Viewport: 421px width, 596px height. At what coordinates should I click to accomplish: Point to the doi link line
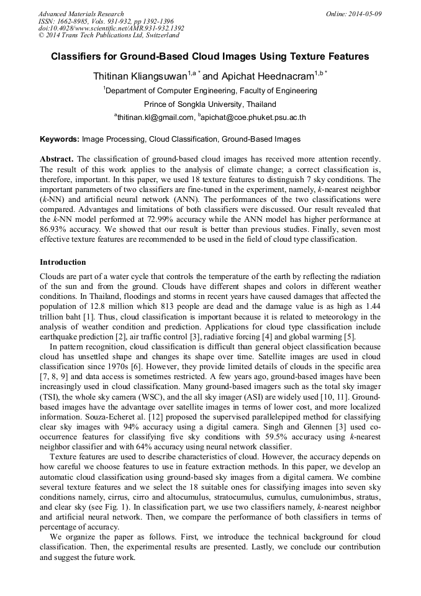tap(111, 28)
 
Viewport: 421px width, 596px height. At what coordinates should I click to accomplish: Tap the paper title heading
tap(210, 57)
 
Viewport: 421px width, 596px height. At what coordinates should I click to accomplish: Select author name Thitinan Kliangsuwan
tap(140, 76)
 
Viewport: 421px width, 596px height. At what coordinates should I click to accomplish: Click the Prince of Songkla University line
tap(210, 104)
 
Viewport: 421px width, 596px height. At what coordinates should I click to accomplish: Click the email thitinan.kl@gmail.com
tap(156, 117)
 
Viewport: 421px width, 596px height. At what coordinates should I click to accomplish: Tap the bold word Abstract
tap(57, 160)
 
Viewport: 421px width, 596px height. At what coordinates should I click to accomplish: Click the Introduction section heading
tap(63, 262)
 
